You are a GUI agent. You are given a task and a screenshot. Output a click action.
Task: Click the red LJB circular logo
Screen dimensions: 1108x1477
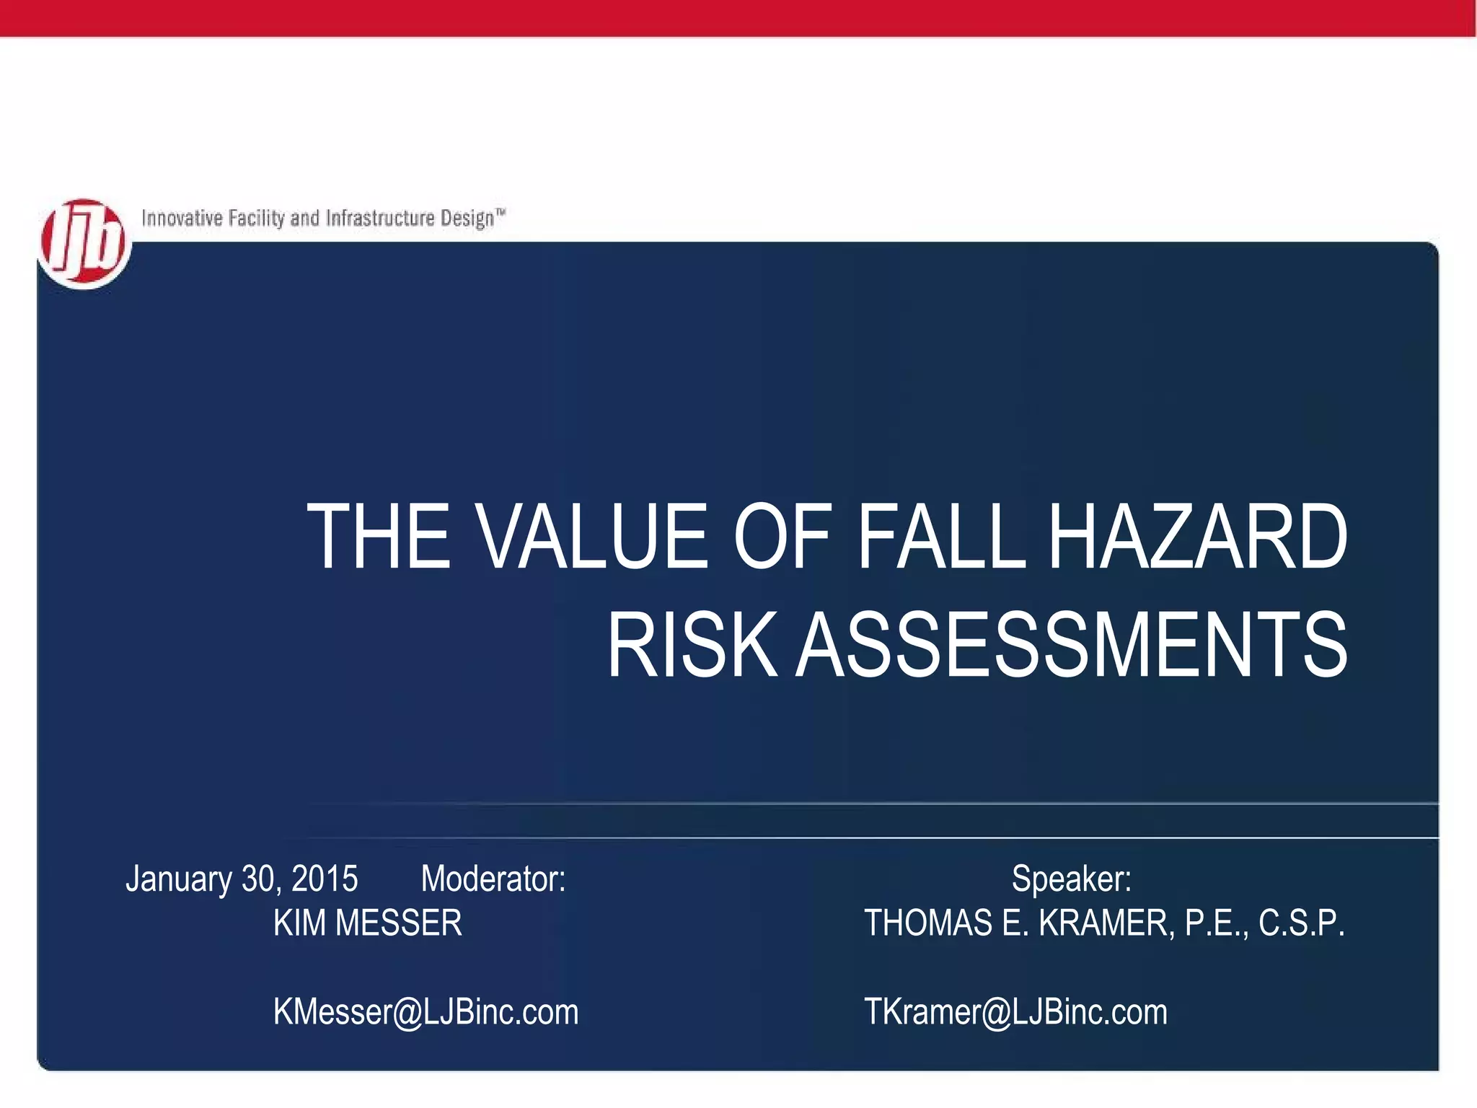(84, 244)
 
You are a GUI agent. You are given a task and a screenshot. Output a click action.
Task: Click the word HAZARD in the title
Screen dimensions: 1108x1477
(1196, 537)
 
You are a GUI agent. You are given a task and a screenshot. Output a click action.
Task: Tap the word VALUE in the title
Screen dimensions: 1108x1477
(592, 537)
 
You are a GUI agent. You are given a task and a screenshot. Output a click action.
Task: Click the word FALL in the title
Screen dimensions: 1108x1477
(941, 537)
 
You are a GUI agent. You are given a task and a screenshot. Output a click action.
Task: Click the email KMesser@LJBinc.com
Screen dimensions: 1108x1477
(426, 1012)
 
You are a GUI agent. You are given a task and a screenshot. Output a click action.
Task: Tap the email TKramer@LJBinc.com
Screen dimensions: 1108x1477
(1015, 1012)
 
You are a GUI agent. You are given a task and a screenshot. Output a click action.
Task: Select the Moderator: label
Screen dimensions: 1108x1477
(493, 879)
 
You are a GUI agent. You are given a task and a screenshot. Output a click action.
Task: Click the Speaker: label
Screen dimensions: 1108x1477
(1071, 879)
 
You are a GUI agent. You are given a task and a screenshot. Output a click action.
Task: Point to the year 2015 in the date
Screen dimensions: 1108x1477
(325, 879)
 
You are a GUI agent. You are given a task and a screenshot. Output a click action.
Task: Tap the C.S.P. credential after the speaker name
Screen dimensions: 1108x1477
(1302, 923)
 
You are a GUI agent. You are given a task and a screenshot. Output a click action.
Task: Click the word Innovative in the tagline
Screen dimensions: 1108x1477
(182, 218)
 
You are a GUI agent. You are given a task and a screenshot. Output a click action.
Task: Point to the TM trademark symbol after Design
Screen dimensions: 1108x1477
(501, 212)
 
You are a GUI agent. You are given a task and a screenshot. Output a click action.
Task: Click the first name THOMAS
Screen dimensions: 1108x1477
(928, 923)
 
